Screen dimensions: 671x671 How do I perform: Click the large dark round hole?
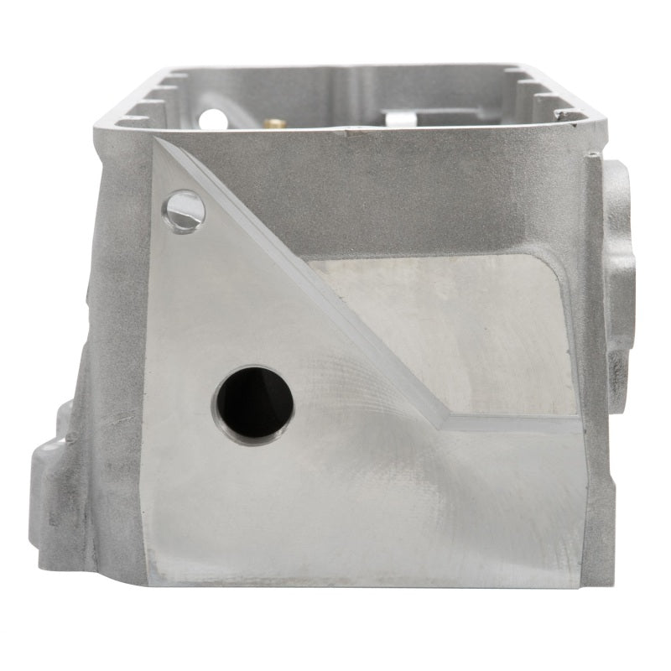click(x=254, y=404)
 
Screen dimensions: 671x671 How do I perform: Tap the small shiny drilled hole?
click(x=185, y=209)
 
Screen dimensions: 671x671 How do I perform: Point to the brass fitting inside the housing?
click(x=273, y=122)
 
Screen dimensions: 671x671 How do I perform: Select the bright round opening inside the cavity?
click(x=214, y=117)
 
